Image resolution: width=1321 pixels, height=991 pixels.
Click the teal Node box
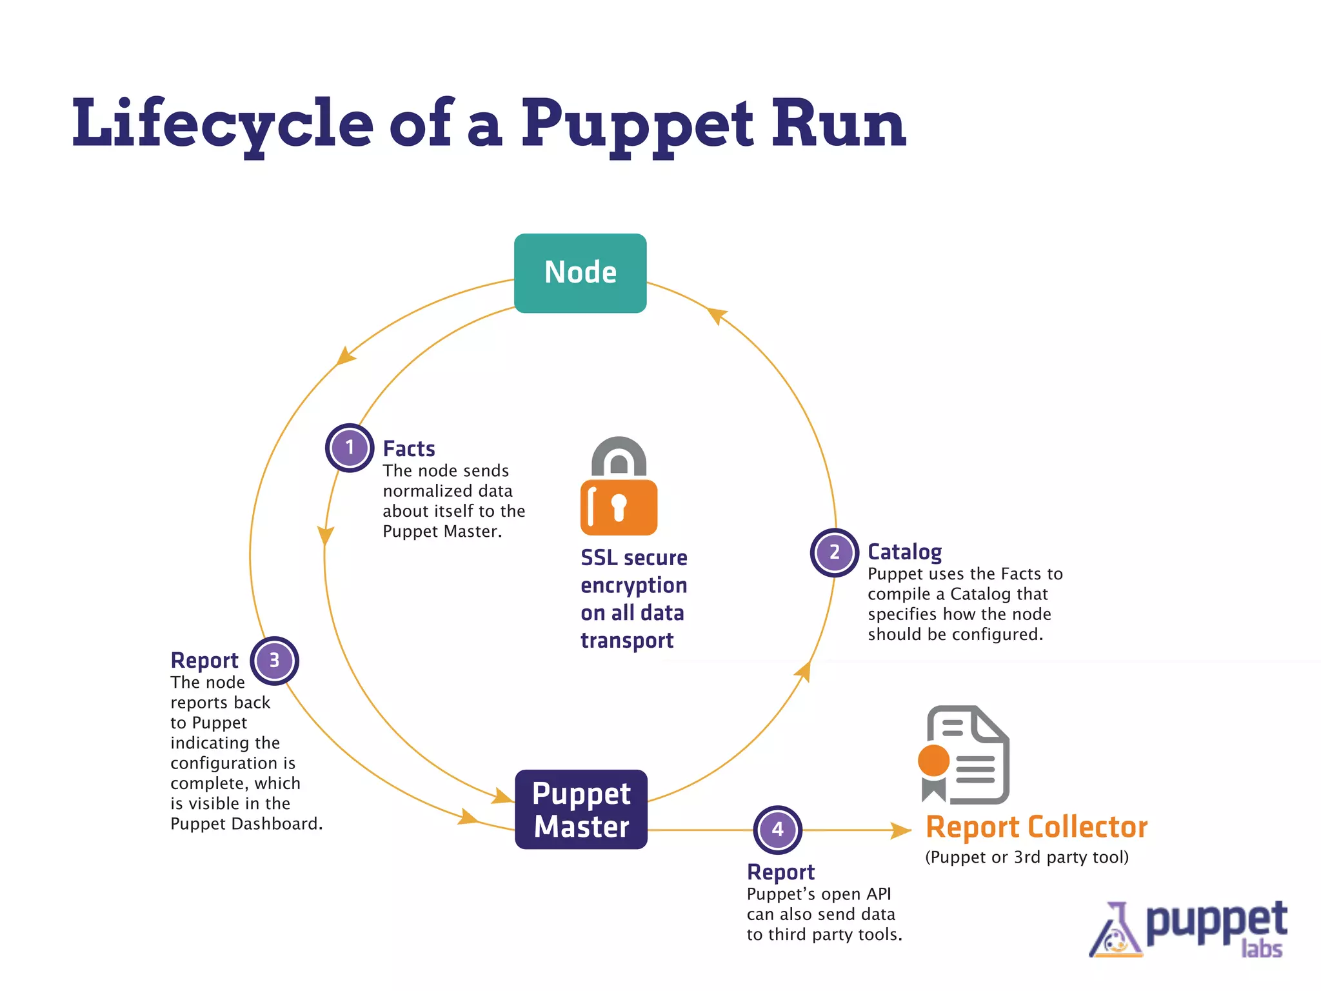[x=580, y=273]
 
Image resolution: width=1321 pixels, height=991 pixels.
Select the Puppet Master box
[x=581, y=809]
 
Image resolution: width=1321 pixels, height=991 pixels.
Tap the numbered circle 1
[x=350, y=448]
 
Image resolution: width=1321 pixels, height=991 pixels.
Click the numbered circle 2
[x=834, y=552]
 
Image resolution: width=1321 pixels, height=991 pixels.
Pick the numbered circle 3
[x=274, y=661]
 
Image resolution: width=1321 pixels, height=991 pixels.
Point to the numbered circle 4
[x=778, y=830]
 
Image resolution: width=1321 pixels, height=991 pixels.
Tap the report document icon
[x=964, y=754]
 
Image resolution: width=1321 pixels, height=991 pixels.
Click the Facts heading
[x=409, y=448]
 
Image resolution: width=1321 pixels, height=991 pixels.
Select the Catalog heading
[x=904, y=552]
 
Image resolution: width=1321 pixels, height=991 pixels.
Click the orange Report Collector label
[x=1036, y=827]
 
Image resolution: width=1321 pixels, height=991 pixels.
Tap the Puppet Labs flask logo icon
[x=1115, y=932]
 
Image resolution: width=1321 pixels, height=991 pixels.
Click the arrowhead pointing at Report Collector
[x=900, y=830]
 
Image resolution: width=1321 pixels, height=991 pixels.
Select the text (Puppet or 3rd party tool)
[x=1027, y=857]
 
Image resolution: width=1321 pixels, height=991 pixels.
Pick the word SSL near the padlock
[x=599, y=558]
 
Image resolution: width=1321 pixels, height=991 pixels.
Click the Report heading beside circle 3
[x=204, y=661]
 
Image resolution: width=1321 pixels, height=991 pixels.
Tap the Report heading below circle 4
[x=780, y=872]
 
